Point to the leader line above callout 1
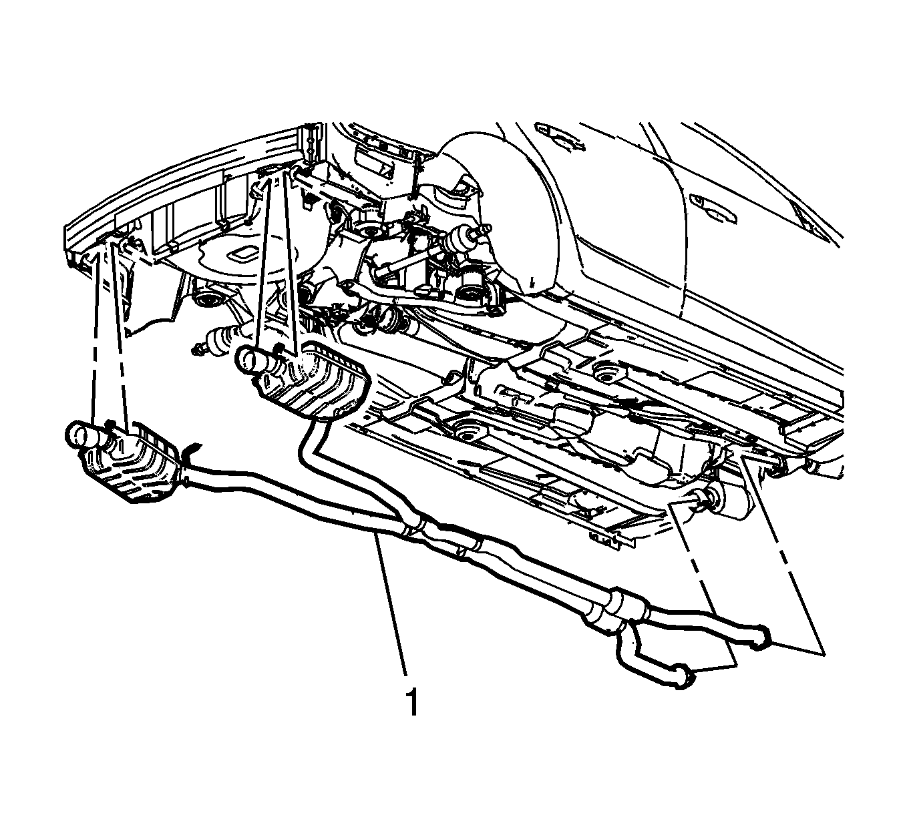[x=391, y=604]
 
